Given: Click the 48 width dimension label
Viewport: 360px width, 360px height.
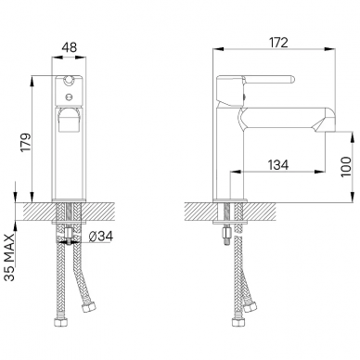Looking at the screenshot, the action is [x=70, y=47].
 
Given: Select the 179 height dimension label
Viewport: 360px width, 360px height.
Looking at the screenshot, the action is [x=25, y=142].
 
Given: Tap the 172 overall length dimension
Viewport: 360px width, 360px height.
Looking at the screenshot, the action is [x=277, y=43].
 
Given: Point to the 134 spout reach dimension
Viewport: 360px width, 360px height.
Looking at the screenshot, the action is [x=278, y=165].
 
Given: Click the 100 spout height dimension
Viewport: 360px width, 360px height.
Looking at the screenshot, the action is [x=346, y=167].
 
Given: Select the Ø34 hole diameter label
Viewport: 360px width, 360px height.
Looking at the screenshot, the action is [x=101, y=237].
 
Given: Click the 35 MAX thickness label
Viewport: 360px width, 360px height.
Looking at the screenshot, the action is [x=11, y=257].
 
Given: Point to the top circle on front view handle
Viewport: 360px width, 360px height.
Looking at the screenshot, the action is [x=69, y=81].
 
